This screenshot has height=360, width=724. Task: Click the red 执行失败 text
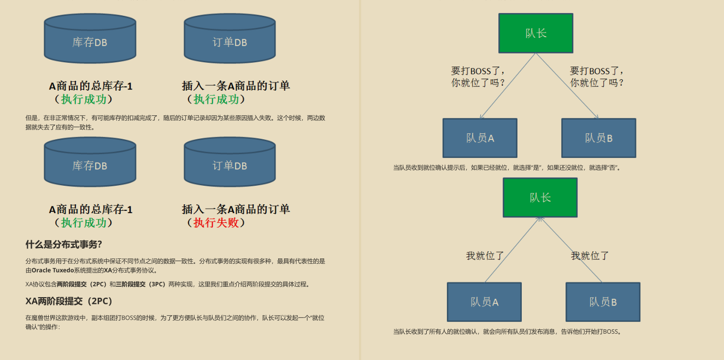216,222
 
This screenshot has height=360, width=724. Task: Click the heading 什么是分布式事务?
63,244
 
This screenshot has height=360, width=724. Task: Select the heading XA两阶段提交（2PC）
69,301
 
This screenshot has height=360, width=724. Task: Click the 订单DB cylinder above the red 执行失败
229,162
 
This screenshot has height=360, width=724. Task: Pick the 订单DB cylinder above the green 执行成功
229,38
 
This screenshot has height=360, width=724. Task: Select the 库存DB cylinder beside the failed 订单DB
90,162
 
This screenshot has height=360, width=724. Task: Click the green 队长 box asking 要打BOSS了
535,33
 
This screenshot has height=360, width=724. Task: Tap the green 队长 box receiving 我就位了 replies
540,197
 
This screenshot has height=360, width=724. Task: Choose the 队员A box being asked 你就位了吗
480,138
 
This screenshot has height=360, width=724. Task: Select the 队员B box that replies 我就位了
603,302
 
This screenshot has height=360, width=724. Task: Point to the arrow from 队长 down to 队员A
508,86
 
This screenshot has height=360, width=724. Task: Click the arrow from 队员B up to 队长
571,250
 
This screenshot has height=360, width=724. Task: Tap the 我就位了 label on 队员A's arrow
485,256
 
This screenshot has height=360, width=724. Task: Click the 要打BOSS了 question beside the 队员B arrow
597,77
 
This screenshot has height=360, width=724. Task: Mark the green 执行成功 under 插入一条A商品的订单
216,99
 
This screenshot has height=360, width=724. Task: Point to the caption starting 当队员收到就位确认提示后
507,168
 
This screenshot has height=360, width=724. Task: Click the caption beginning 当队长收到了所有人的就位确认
507,332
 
